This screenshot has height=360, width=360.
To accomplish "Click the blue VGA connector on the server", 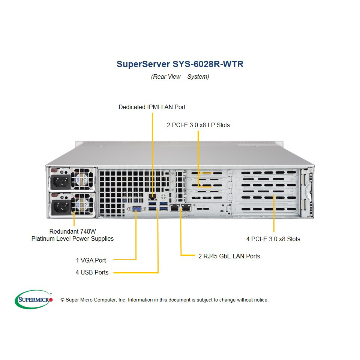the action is (x=136, y=209).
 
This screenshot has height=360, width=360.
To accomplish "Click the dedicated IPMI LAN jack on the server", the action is (x=152, y=196).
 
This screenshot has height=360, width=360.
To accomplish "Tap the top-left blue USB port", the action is (x=152, y=203).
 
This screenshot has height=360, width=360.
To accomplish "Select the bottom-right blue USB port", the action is (x=163, y=208).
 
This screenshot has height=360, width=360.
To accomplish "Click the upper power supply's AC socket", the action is (x=60, y=181).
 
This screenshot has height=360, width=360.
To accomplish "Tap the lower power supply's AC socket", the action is (x=60, y=207).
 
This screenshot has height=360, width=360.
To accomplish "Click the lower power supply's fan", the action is (x=82, y=204).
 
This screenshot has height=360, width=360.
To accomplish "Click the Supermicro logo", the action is (x=34, y=299).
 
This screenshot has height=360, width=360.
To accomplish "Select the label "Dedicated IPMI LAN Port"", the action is (x=152, y=107).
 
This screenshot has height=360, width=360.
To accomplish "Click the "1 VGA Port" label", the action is (x=91, y=260).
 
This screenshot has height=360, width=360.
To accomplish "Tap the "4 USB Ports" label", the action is (x=92, y=272).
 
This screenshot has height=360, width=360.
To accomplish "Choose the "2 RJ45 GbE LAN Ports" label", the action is (x=229, y=256).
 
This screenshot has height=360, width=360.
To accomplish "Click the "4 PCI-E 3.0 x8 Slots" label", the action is (x=273, y=239).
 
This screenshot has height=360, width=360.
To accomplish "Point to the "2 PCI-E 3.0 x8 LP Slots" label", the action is (x=198, y=125).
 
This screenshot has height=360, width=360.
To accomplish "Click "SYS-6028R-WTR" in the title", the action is (x=208, y=64).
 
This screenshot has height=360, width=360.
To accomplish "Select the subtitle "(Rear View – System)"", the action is (x=180, y=76).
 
